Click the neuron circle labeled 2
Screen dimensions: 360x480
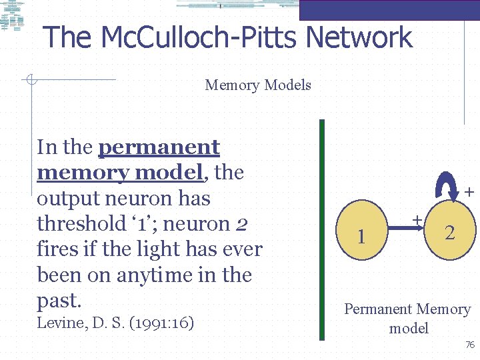point(450,232)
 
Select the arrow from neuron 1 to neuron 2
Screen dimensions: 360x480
point(407,229)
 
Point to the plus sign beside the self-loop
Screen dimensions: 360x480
point(469,192)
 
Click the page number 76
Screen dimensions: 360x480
point(469,345)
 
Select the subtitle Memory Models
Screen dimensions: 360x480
point(258,85)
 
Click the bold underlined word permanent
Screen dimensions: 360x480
point(159,147)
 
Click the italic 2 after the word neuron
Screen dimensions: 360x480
point(242,224)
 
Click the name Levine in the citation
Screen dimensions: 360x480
point(59,323)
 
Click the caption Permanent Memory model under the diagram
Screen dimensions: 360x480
point(407,318)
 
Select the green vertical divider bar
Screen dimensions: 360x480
point(322,230)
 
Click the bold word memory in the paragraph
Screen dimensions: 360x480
point(83,173)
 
